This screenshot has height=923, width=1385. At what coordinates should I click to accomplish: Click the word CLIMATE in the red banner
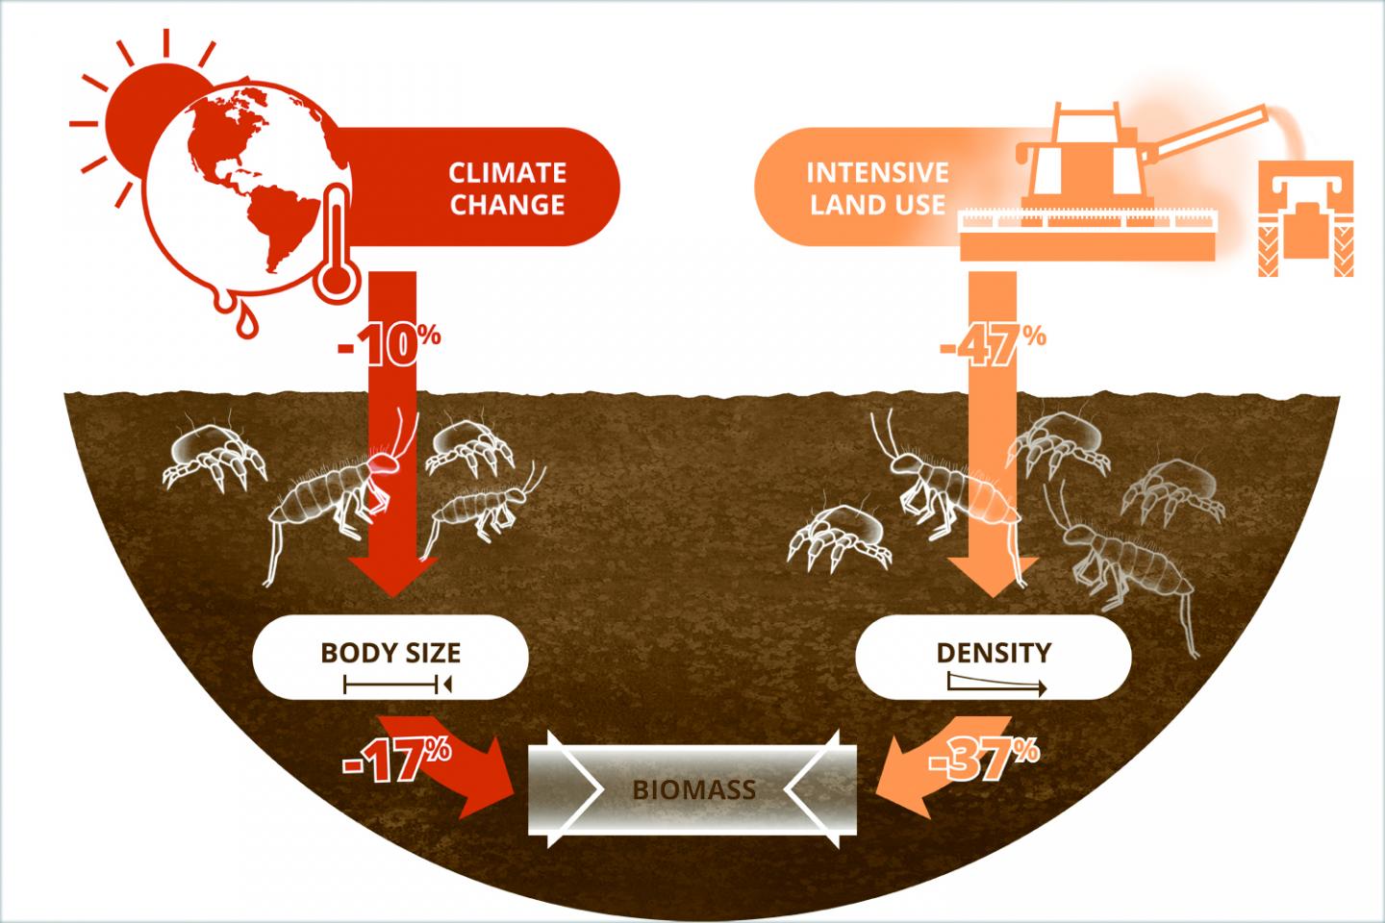507,172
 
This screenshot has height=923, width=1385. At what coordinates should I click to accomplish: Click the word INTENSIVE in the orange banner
877,172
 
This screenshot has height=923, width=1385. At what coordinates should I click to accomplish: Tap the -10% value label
389,344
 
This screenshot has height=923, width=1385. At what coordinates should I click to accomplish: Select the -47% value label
993,344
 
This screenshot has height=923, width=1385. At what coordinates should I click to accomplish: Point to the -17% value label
396,759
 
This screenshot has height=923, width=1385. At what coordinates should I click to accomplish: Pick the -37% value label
984,759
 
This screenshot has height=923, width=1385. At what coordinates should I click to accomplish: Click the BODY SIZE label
390,653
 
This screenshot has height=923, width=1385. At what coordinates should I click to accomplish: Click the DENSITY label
994,653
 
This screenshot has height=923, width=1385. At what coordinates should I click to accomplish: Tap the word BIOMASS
693,789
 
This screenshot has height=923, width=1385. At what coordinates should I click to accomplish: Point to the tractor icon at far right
1306,218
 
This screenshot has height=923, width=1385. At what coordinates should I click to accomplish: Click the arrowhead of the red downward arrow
392,576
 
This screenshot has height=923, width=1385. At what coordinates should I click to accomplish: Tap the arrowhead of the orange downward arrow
993,576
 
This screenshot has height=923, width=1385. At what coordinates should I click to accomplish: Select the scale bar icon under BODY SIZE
397,685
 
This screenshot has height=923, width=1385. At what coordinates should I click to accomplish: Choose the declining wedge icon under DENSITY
996,685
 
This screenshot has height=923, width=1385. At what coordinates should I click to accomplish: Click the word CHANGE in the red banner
507,205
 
